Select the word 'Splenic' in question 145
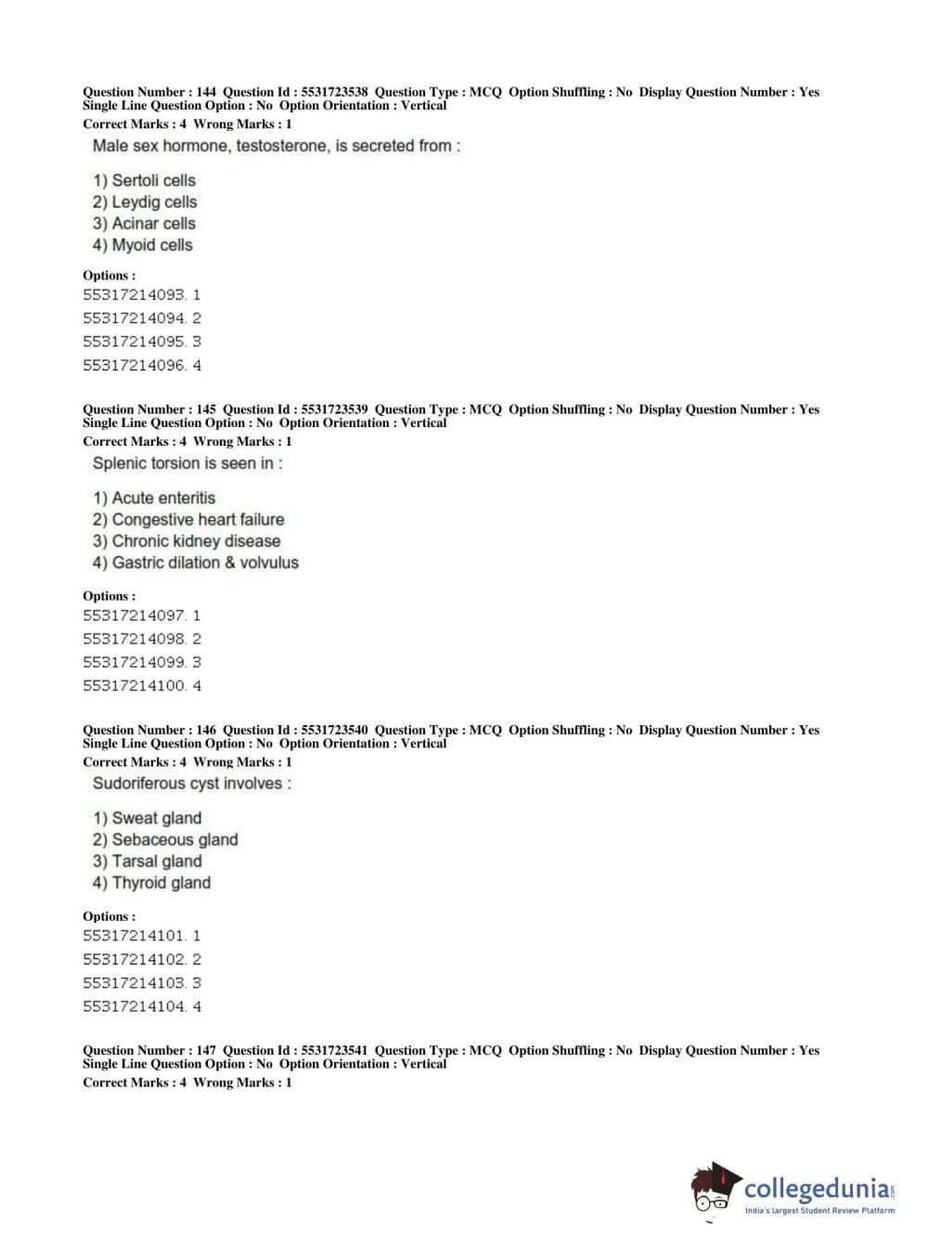pyautogui.click(x=121, y=463)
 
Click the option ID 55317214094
pyautogui.click(x=135, y=318)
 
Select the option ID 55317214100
pyautogui.click(x=135, y=686)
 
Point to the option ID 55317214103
pyautogui.click(x=135, y=983)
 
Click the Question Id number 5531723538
pyautogui.click(x=334, y=92)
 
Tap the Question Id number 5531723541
pyautogui.click(x=334, y=1050)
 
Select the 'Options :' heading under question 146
pyautogui.click(x=109, y=916)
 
